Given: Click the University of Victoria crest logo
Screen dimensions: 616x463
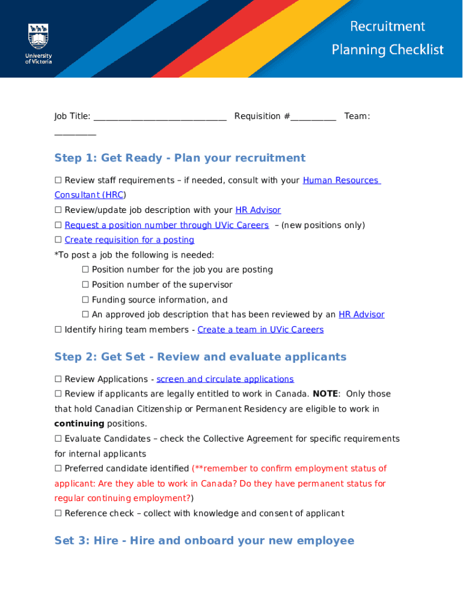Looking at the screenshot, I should point(38,37).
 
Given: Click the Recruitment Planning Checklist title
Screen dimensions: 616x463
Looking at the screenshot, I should point(387,38).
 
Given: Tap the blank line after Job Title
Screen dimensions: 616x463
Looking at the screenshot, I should point(160,117).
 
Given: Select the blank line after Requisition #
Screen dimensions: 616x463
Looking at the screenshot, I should point(313,117).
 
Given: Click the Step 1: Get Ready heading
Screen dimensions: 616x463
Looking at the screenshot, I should point(180,158).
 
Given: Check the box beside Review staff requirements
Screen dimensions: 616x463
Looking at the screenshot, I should point(58,180).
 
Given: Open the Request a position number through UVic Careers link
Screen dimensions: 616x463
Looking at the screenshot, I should point(167,225).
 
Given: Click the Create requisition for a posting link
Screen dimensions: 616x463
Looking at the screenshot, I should point(129,240).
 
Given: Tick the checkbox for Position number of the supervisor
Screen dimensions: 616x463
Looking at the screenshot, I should point(85,285).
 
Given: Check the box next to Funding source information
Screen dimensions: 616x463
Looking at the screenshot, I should point(85,300).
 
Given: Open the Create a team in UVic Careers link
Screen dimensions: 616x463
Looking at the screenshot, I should point(260,330).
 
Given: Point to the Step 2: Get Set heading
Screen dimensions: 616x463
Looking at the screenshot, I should point(200,357).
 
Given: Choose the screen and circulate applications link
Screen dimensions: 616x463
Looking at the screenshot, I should point(225,379).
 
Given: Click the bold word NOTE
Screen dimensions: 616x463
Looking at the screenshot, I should point(325,394).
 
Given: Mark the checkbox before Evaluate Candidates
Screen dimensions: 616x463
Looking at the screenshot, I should point(58,439).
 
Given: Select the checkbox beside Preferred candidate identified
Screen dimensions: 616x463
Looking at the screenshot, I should point(58,469).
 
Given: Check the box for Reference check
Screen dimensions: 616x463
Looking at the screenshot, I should point(58,513).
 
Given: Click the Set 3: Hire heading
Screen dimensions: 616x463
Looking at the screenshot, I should point(204,541).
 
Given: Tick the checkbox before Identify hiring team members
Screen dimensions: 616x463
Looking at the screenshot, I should point(58,330).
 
